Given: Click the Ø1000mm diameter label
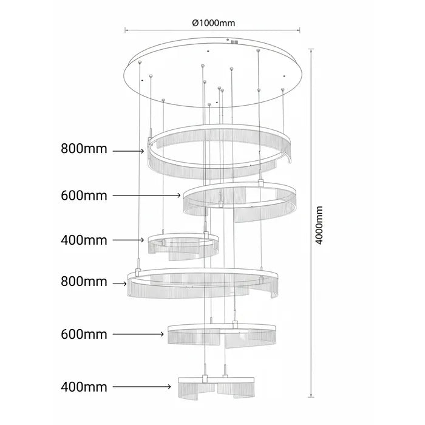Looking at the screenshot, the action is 214,23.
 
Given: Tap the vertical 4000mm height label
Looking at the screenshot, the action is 319,225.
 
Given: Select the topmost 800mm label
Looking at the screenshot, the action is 84,149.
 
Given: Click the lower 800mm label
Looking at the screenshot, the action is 84,282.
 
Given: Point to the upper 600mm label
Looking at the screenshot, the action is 84,195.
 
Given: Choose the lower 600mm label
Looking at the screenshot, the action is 84,334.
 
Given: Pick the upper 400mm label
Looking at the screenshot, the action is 84,240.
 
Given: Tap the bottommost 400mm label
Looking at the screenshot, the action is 84,387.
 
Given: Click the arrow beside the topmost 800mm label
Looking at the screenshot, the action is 129,151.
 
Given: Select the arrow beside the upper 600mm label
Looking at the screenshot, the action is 147,195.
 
